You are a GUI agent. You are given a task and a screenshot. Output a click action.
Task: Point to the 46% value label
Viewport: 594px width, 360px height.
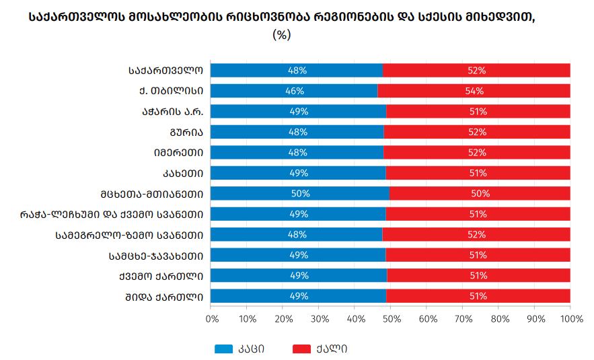coord(295,91)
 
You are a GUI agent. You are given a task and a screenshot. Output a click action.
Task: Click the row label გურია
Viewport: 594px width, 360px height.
coord(187,132)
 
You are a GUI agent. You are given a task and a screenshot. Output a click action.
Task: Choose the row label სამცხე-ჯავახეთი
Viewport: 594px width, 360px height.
coord(156,256)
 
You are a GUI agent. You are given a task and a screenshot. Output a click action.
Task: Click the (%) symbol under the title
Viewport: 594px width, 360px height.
coord(281,35)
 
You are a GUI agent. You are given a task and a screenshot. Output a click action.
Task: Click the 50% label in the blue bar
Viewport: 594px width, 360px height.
coord(300,194)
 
